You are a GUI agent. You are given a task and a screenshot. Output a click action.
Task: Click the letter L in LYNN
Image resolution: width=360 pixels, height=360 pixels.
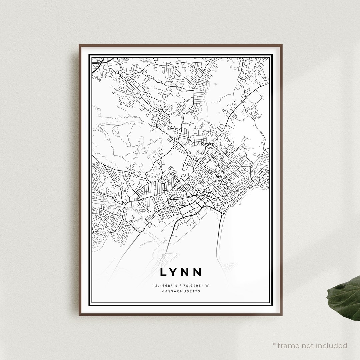point(163,272)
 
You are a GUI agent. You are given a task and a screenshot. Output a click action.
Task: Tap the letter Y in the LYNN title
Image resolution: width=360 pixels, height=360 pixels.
point(174,272)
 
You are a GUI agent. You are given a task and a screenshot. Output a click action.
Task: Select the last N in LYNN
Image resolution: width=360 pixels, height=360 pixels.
point(198,272)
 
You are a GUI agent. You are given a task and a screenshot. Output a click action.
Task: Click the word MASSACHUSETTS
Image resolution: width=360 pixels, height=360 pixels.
point(181,291)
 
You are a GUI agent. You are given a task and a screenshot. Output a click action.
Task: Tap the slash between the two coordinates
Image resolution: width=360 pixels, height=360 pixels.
point(181,286)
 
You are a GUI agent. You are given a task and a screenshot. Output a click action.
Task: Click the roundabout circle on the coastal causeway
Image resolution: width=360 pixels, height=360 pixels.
point(222,215)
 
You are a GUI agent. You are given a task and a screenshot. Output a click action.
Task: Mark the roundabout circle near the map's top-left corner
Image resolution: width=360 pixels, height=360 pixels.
point(120,72)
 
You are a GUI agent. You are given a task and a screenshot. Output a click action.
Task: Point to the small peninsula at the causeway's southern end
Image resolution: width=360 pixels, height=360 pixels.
point(230,266)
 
